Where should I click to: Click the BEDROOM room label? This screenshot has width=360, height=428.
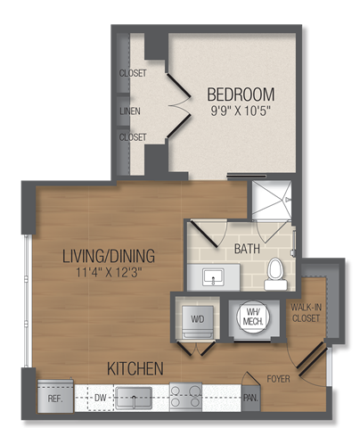click(x=241, y=94)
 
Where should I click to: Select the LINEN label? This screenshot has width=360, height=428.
click(x=131, y=111)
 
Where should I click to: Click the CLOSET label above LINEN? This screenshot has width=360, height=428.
click(x=132, y=74)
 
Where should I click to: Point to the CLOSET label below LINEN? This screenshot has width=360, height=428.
click(x=132, y=138)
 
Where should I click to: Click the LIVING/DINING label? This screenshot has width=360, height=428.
click(x=108, y=256)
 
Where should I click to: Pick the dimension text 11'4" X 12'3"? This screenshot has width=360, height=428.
click(x=108, y=273)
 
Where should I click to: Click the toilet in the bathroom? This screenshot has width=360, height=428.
click(x=276, y=274)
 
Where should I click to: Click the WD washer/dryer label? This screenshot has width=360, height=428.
click(x=197, y=317)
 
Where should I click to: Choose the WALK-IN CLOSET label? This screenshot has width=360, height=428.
click(x=307, y=312)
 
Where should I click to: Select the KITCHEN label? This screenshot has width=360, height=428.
click(x=135, y=367)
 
